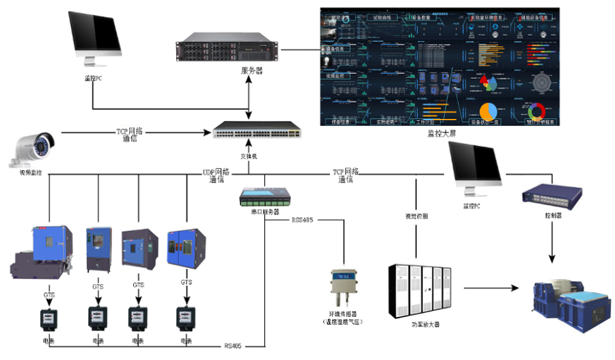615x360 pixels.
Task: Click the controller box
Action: click(551, 195)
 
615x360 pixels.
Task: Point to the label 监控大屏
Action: click(439, 133)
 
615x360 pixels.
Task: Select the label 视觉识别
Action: click(415, 216)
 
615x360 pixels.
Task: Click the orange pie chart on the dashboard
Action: click(488, 111)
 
